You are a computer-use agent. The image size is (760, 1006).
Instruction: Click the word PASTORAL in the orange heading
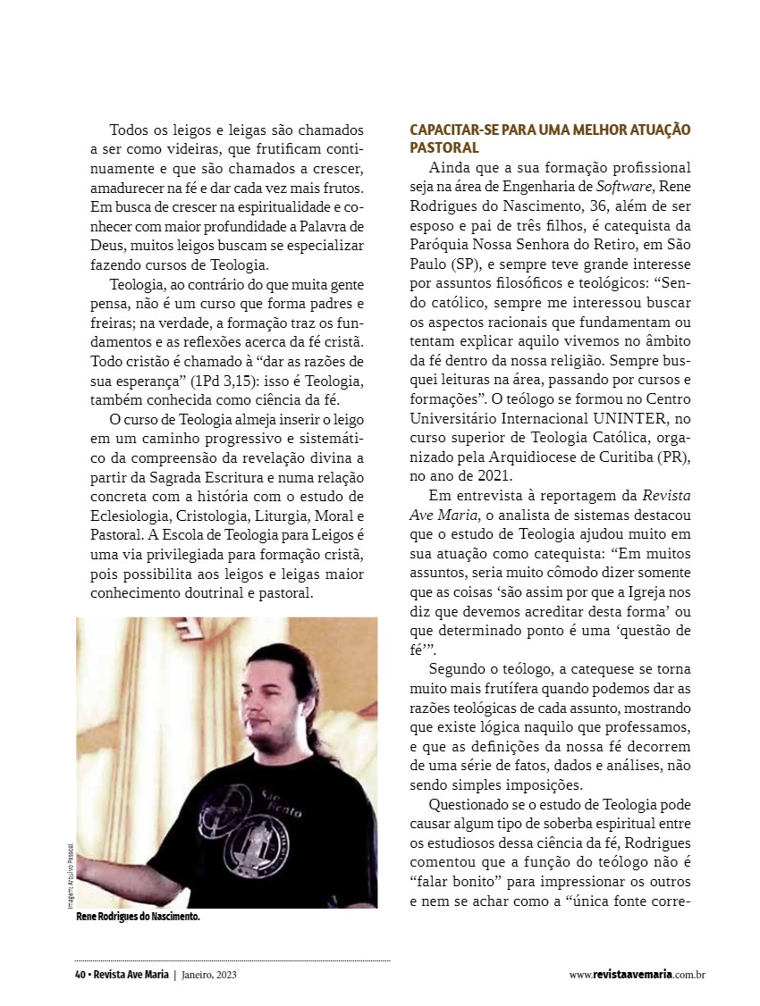tap(444, 147)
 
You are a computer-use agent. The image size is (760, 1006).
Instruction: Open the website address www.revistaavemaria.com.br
tap(637, 975)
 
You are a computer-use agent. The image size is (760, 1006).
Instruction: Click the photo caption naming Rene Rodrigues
tap(138, 916)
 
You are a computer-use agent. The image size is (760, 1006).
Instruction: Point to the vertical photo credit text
tap(69, 875)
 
